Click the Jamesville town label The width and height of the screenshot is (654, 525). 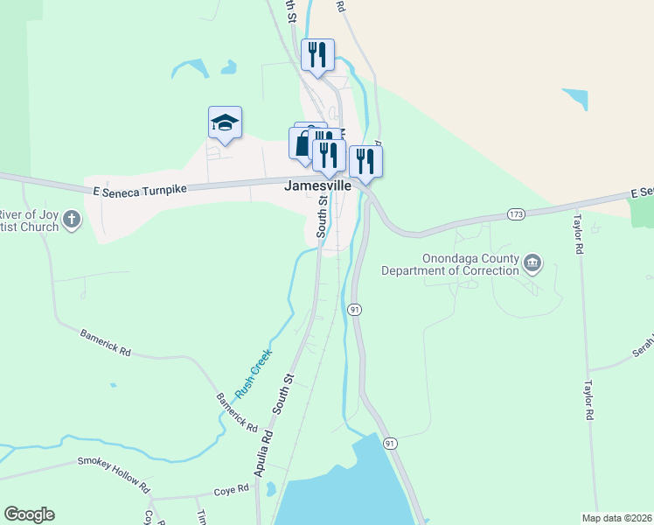point(318,186)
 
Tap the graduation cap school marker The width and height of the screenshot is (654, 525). point(225,123)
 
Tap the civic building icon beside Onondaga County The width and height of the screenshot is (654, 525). point(532,262)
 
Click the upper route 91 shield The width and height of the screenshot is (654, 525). point(354,310)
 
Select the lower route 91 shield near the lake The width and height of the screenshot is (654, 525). point(390,444)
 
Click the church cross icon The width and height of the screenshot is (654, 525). point(73,220)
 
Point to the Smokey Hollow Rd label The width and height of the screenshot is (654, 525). point(114,473)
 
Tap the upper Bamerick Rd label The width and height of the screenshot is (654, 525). point(105,342)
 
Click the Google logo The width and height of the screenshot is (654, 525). point(30,514)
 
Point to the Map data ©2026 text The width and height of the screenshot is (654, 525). point(616,517)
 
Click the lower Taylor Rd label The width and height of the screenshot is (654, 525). point(590,401)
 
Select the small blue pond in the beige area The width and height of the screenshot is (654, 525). point(576,97)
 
